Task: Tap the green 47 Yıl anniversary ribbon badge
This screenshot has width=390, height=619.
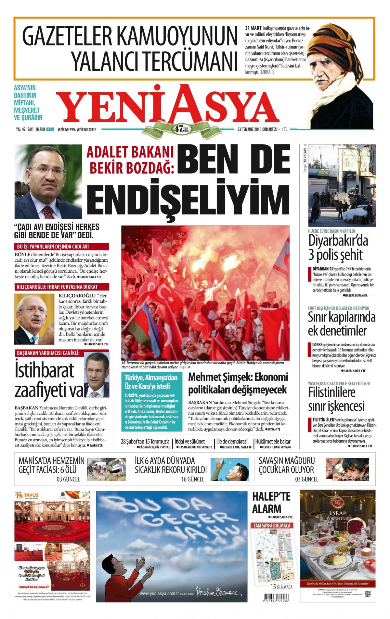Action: tap(182, 129)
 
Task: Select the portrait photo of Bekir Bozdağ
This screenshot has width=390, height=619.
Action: tap(48, 182)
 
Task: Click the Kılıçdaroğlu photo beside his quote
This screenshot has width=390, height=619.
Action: tap(34, 319)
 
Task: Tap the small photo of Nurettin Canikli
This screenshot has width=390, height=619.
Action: tap(97, 375)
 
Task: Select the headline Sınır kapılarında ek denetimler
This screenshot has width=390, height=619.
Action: tap(341, 324)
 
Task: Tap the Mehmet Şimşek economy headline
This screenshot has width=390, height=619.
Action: tap(238, 383)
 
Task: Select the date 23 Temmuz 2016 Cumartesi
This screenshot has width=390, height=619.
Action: tap(257, 129)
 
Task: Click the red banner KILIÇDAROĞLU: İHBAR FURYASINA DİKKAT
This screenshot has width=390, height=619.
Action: tap(61, 287)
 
